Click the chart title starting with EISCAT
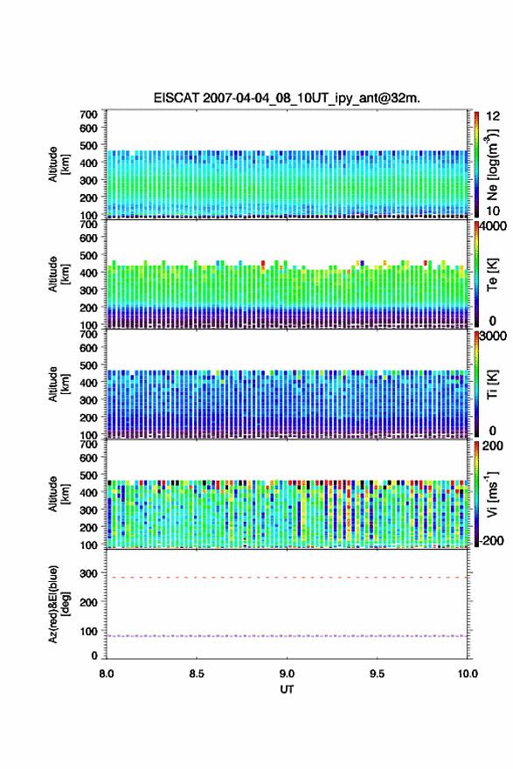[287, 98]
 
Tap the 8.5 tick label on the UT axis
[197, 674]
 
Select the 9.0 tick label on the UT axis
[287, 674]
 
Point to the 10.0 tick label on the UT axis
[468, 674]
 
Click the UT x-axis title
[287, 689]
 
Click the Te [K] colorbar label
[492, 275]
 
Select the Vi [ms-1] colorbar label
[492, 494]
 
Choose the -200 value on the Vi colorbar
[490, 540]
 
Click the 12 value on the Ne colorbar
[493, 116]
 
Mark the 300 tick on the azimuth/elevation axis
[89, 573]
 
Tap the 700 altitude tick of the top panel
[89, 114]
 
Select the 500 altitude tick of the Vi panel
[89, 475]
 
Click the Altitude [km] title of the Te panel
[59, 274]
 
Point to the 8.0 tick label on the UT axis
[107, 674]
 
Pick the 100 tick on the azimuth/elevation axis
[89, 631]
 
